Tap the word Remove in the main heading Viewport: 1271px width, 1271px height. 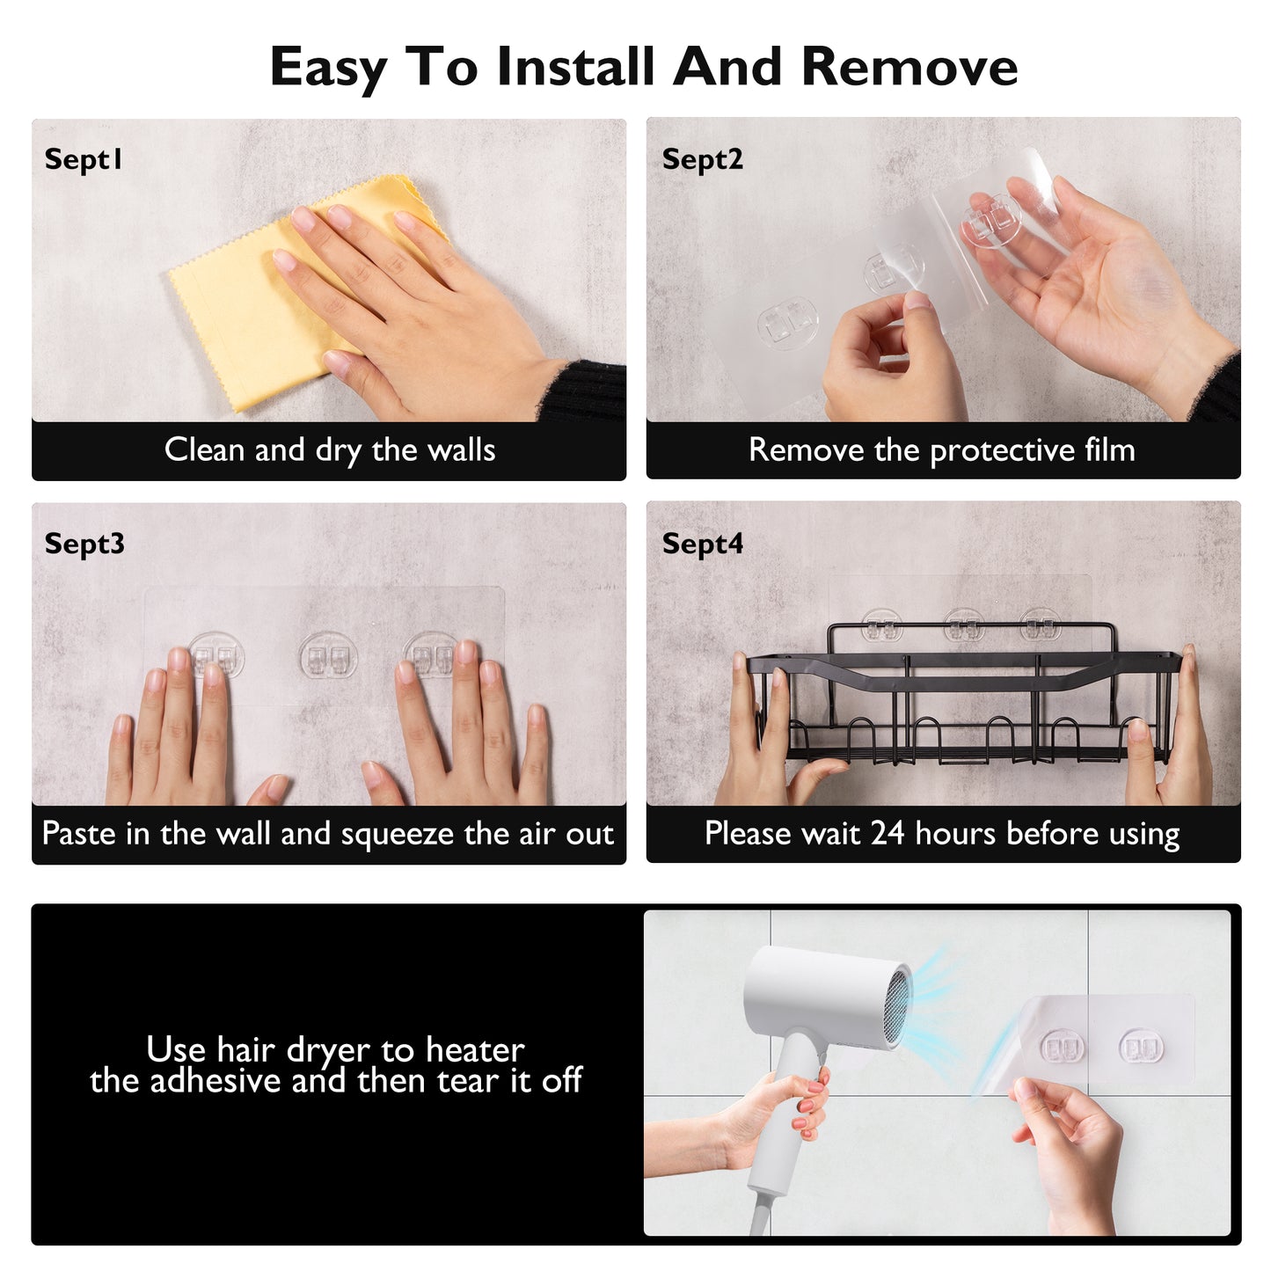point(909,66)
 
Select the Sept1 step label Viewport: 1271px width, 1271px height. point(83,159)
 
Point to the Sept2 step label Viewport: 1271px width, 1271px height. point(703,159)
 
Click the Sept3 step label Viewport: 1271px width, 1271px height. point(84,544)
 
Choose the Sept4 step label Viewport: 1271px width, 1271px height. point(703,544)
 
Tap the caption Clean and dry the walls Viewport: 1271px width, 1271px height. point(330,450)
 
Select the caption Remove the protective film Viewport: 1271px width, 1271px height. point(942,450)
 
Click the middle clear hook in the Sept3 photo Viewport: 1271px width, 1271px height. point(328,654)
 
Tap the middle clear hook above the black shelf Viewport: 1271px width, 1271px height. point(964,625)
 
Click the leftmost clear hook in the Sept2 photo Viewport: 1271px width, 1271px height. point(787,323)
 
